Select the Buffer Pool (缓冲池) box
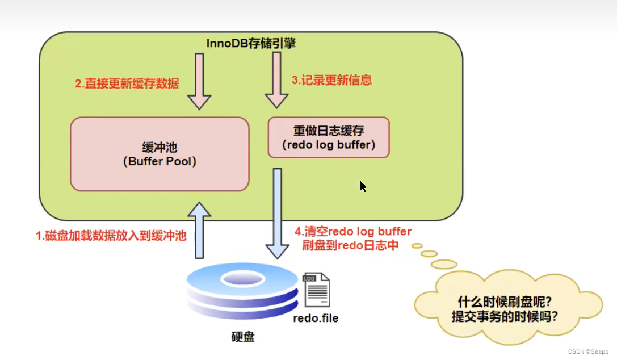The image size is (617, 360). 160,154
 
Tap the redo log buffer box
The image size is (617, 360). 329,137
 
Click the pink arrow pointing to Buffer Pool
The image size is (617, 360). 199,80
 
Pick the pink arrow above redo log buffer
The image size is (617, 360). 276,80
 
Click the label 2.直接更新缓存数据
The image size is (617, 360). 127,84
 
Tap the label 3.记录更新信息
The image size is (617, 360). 331,80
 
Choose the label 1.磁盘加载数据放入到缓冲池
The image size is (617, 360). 111,236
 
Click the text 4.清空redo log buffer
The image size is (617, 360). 353,231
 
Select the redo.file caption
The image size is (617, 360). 316,318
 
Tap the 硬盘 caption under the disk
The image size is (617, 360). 243,337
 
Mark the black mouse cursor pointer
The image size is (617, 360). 362,186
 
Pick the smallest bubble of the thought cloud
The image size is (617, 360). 417,246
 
